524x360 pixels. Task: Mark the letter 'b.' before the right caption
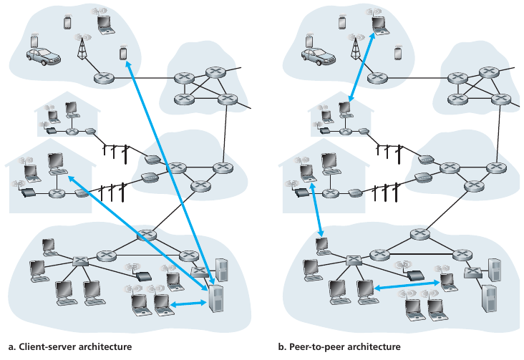pyautogui.click(x=282, y=347)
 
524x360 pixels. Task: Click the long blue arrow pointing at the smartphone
pyautogui.click(x=166, y=172)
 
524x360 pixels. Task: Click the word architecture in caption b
pyautogui.click(x=369, y=347)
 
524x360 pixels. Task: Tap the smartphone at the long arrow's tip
pyautogui.click(x=122, y=54)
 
